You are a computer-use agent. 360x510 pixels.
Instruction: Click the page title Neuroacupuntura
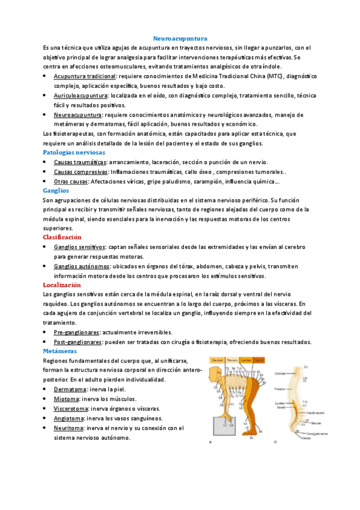[180, 37]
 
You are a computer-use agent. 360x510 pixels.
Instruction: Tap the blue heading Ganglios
[56, 189]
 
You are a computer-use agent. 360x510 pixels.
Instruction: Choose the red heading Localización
[63, 284]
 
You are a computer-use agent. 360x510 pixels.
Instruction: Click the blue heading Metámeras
[60, 351]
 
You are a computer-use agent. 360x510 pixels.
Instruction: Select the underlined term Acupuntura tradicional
[85, 78]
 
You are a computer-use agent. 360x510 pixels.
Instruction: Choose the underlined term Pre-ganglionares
[76, 332]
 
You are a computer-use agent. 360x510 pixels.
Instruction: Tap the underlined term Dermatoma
[69, 389]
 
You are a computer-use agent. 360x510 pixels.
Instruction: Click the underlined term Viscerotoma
[72, 408]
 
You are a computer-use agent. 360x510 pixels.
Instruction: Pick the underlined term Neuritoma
[69, 428]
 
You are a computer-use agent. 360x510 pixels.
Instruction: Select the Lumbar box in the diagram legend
[246, 360]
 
